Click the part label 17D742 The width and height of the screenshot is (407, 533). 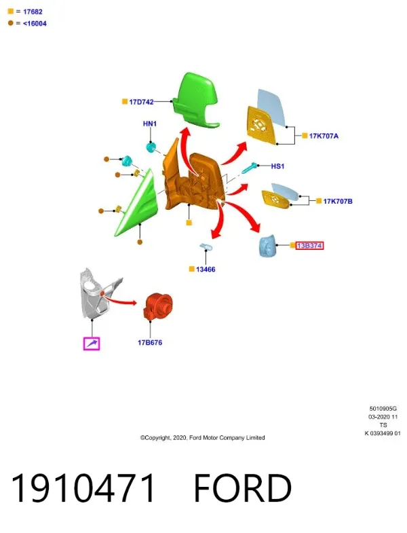[x=141, y=102]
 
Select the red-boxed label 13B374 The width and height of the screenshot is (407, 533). [x=309, y=245]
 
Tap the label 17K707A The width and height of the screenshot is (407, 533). [x=324, y=136]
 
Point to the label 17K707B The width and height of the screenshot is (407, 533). [x=338, y=201]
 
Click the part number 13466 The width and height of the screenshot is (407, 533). [x=206, y=270]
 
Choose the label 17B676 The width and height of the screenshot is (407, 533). [x=150, y=343]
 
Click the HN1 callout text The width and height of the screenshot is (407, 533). [x=150, y=124]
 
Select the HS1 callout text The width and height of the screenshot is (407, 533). [x=277, y=166]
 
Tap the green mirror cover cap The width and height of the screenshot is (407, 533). [x=195, y=100]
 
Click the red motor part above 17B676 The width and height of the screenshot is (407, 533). [x=159, y=306]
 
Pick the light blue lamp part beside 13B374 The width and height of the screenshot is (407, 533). [x=268, y=245]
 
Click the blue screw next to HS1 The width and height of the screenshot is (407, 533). [x=250, y=168]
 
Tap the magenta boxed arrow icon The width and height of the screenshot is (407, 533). [x=92, y=344]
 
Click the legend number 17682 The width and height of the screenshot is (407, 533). [x=33, y=12]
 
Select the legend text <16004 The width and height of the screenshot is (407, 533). [x=35, y=24]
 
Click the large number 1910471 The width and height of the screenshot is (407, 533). [x=83, y=488]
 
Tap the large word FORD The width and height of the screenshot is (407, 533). [x=243, y=488]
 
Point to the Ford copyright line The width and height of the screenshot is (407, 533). [x=202, y=438]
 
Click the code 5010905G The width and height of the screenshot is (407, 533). [x=383, y=409]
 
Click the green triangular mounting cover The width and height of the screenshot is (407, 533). [x=136, y=204]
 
